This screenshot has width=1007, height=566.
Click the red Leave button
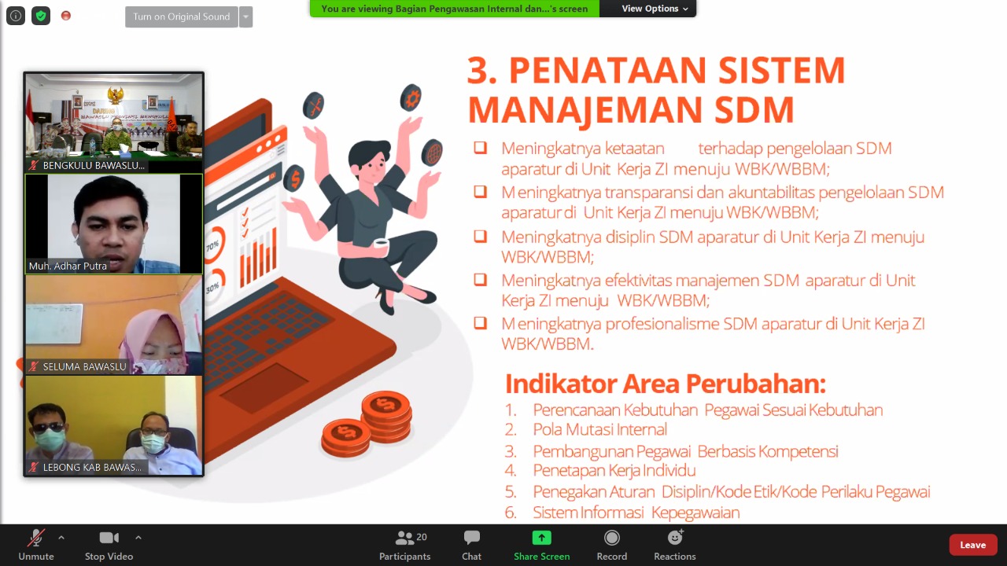pos(972,545)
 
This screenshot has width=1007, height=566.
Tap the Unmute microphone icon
pos(36,538)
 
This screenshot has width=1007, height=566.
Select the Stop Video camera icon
pos(109,538)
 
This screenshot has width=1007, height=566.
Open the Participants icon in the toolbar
pos(404,538)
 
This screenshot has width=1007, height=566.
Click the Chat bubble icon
pos(471,537)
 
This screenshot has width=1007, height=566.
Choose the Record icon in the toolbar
pos(612,538)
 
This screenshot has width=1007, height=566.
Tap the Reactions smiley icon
pos(675,537)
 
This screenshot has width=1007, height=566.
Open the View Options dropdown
pos(655,9)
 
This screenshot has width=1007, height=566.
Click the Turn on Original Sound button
pos(182,17)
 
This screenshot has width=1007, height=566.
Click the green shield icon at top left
pos(41,17)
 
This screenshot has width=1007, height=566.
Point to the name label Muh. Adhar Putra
pos(68,266)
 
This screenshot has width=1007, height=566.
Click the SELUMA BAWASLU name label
pos(84,366)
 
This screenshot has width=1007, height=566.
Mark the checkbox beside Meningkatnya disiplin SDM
pos(480,236)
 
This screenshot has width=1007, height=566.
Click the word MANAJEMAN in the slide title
pos(585,110)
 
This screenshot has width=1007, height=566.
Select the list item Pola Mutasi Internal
pos(599,429)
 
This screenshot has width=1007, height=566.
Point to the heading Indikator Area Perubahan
pos(666,384)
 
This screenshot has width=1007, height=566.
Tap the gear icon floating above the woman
pos(411,98)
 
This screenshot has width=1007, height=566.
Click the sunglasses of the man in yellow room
pos(49,426)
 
